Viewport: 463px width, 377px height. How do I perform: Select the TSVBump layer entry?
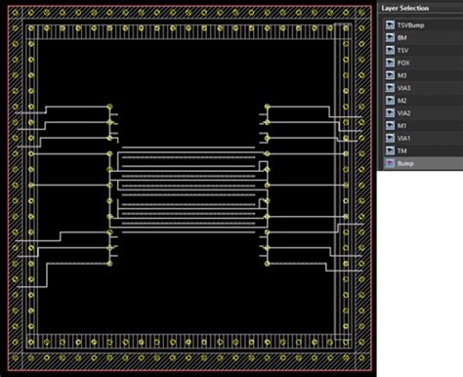[x=411, y=24]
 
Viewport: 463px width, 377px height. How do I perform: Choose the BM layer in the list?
[x=403, y=37]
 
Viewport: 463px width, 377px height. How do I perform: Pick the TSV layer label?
[x=403, y=50]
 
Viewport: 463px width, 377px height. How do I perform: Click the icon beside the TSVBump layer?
[x=389, y=24]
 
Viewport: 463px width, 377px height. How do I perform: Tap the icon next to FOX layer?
[x=389, y=63]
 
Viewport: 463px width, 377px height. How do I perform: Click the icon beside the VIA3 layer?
[x=389, y=88]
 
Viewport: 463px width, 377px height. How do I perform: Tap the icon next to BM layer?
[x=389, y=37]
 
